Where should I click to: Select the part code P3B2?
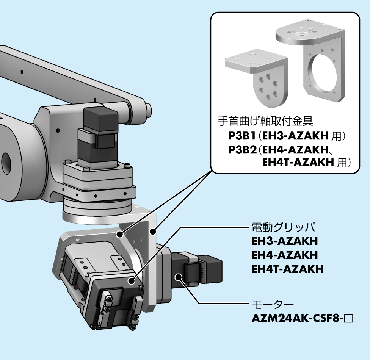point(243,150)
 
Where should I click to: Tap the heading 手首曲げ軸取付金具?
point(265,121)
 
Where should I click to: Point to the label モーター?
point(273,304)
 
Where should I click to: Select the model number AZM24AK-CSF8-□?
point(302,318)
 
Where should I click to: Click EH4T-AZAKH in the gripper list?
point(287,269)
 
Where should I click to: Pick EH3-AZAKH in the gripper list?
point(285,241)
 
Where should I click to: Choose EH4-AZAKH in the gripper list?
point(285,255)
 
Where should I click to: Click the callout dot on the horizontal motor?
point(179,277)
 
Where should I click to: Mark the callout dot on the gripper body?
point(132,281)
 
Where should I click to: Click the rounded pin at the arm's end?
point(149,110)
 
